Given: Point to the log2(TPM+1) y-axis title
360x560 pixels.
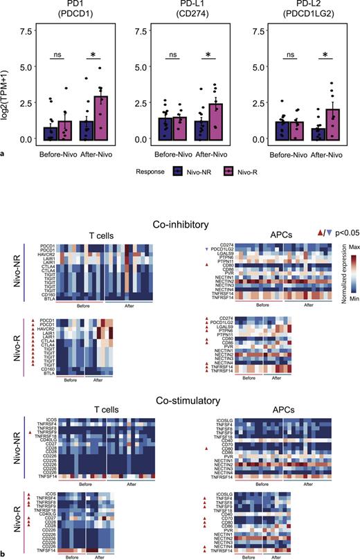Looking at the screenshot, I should (8, 85).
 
